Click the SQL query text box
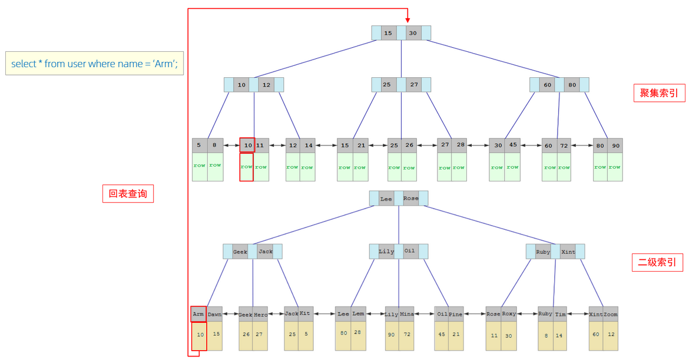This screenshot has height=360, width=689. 94,63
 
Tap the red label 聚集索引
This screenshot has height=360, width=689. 659,93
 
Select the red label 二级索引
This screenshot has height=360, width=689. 657,262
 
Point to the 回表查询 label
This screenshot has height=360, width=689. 128,193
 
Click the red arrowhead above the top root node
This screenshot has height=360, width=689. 408,20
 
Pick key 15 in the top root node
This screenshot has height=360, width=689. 389,33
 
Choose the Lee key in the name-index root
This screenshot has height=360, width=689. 386,199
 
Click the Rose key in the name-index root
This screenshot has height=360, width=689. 411,199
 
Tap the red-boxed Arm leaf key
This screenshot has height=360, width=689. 198,314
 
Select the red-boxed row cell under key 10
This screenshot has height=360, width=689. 247,167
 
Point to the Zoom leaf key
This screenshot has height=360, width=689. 610,314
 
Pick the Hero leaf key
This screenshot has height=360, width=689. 260,314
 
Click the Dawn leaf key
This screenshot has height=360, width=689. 214,314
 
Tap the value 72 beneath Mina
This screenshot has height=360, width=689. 407,335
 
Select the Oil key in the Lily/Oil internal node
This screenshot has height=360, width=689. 410,251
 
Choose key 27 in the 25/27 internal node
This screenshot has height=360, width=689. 414,84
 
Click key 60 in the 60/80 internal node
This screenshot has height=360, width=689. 547,85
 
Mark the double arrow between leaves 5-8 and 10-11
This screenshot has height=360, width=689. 231,145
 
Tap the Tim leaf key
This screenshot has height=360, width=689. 560,314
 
